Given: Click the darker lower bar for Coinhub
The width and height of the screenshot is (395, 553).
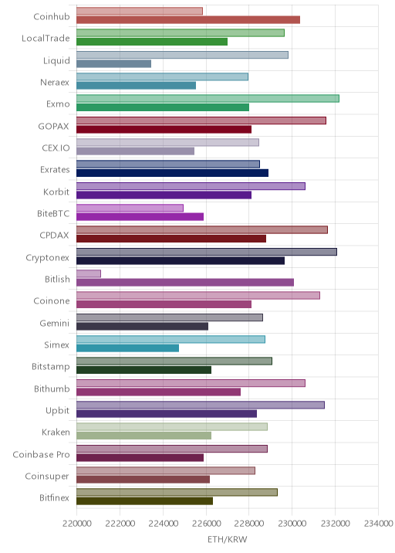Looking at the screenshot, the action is (x=188, y=20).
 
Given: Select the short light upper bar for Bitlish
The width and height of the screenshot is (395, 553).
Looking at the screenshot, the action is (x=89, y=273).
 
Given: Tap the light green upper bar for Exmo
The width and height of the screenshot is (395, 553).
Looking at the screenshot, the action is (x=208, y=98).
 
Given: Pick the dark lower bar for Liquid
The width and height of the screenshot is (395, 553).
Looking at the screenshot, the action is (x=114, y=64).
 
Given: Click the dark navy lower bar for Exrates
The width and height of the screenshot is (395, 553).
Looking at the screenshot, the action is (x=172, y=173).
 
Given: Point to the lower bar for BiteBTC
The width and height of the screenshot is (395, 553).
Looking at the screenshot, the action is (x=140, y=216).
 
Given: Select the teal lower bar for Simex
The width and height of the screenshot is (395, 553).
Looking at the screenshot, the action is (x=127, y=348).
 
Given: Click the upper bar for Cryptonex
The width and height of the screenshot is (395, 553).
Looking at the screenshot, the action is (x=207, y=252).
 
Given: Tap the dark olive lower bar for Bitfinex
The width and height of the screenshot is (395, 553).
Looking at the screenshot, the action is (x=144, y=501).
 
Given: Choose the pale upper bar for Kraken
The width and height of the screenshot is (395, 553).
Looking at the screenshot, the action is (x=172, y=427).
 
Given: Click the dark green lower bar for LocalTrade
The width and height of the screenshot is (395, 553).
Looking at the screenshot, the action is (x=152, y=42).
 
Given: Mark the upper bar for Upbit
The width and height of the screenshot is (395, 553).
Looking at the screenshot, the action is (x=201, y=405).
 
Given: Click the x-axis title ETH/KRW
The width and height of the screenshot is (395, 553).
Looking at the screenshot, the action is (x=228, y=539).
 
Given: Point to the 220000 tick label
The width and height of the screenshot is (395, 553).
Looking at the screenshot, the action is (x=76, y=524).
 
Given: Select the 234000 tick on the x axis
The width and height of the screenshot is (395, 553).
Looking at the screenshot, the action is (x=378, y=524).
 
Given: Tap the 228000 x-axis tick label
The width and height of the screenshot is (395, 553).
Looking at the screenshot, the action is (x=248, y=524).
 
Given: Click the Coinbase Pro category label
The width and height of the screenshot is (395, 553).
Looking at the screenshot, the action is (x=41, y=455).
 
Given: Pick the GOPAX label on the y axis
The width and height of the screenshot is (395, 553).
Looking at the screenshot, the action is (x=53, y=126).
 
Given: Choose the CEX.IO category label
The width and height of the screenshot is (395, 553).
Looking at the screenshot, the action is (x=56, y=148).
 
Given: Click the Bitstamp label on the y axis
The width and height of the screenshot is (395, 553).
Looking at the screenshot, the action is (x=51, y=367).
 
